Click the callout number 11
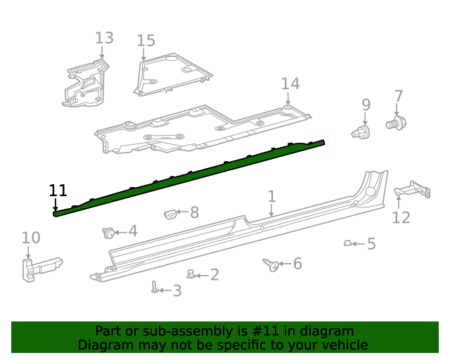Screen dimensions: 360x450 [58, 190]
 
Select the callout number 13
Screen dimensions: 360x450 [103, 38]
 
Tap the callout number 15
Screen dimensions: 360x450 [146, 41]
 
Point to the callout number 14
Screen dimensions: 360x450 [290, 84]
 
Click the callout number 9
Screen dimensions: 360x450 [366, 105]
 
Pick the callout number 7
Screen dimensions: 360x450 [399, 96]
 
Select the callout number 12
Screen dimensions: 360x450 [401, 217]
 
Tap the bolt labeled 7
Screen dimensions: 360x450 [396, 124]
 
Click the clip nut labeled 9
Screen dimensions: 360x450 [360, 131]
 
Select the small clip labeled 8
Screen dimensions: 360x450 [170, 212]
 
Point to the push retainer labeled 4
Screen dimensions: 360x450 [110, 232]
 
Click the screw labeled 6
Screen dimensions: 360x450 [270, 264]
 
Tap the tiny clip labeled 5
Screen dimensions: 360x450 [347, 243]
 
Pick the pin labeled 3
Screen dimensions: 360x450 [154, 286]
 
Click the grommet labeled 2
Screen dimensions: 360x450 [191, 274]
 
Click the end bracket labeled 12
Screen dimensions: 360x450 [413, 190]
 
